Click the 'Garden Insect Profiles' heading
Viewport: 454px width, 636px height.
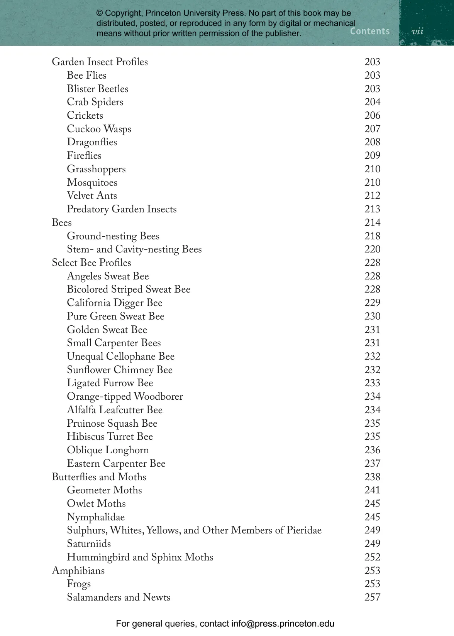100,62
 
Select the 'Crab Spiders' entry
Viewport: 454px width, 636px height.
95,102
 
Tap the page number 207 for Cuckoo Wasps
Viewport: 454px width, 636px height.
372,129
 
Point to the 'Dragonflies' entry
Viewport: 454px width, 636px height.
92,142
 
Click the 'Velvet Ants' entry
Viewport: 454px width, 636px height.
92,196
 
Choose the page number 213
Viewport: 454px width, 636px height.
372,209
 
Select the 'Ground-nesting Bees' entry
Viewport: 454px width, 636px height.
113,236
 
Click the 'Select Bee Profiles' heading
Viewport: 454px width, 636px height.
91,263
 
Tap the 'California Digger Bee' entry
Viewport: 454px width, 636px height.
115,303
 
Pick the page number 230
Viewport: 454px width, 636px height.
372,316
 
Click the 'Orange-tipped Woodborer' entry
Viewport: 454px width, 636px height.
125,397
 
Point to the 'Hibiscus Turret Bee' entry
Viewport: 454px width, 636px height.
110,437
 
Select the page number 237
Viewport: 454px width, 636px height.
372,464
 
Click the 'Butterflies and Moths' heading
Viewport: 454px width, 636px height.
99,477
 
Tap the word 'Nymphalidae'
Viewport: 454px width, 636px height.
96,517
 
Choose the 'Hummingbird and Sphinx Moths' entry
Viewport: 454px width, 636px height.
140,557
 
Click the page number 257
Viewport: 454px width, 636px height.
372,597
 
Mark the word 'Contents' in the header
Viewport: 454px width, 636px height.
370,31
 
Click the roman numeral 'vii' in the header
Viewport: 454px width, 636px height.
417,32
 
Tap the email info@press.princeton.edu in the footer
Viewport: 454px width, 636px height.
283,624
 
